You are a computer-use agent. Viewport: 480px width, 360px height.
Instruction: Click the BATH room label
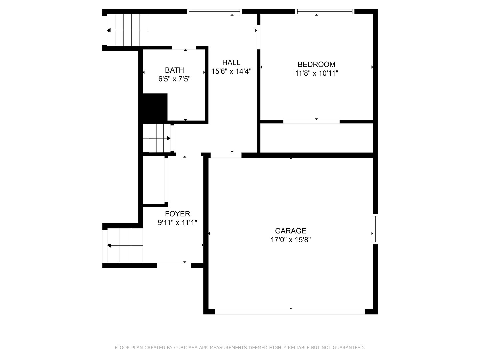[174, 70]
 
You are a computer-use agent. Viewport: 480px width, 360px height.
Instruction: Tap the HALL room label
[231, 62]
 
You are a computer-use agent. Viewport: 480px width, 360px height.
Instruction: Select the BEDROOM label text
[316, 64]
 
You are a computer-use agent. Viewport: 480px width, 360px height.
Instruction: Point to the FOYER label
[177, 214]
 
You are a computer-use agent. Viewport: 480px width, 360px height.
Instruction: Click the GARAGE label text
[290, 231]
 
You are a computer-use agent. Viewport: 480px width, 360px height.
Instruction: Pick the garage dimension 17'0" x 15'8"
[290, 240]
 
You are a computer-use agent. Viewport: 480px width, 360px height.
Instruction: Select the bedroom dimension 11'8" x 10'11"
[316, 73]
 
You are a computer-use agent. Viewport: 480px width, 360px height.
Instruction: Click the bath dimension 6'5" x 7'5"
[174, 79]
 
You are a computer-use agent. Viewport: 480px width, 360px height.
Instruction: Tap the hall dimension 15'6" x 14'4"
[231, 71]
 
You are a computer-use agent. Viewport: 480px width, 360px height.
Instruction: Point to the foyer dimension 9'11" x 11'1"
[177, 223]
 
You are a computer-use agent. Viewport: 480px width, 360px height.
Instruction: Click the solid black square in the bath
[155, 107]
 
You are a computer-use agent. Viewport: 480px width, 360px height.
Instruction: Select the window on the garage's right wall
[375, 229]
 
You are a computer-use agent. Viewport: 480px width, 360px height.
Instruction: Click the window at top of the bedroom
[324, 12]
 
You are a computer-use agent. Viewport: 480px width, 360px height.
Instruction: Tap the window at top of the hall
[214, 12]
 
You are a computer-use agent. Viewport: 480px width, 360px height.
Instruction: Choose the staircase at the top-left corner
[127, 30]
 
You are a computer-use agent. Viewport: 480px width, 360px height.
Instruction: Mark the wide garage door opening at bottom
[290, 312]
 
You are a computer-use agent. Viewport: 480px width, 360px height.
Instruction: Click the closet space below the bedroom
[316, 138]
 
